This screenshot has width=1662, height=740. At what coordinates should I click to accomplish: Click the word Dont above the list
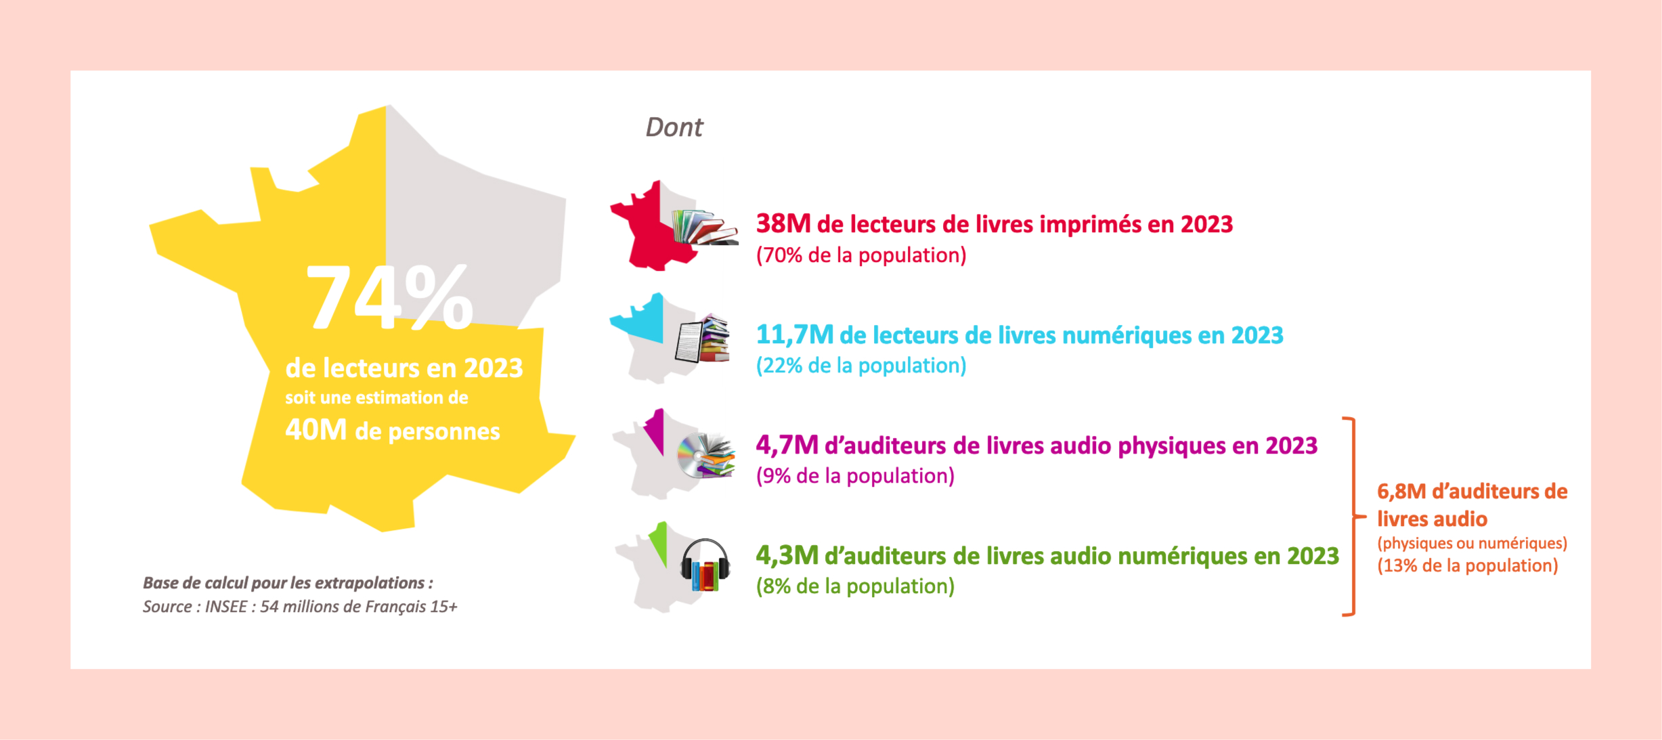point(674,127)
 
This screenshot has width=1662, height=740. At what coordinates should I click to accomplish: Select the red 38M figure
point(783,223)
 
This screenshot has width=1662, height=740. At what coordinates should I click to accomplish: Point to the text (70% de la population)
point(861,255)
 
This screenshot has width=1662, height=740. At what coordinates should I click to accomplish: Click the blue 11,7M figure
point(795,334)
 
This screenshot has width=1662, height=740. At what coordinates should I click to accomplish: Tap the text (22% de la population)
point(861,366)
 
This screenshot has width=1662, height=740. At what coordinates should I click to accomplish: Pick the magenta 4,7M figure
point(787,445)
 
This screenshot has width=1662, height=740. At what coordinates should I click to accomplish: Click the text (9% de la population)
point(855,476)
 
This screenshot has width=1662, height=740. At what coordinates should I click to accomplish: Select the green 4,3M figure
point(787,555)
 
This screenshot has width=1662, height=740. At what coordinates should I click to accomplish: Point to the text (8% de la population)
point(855,586)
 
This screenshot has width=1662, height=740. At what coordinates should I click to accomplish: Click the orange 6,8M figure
point(1401,491)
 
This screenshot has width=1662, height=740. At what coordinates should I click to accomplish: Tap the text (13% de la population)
point(1468,566)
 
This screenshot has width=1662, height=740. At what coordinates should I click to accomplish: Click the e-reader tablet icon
point(688,342)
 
